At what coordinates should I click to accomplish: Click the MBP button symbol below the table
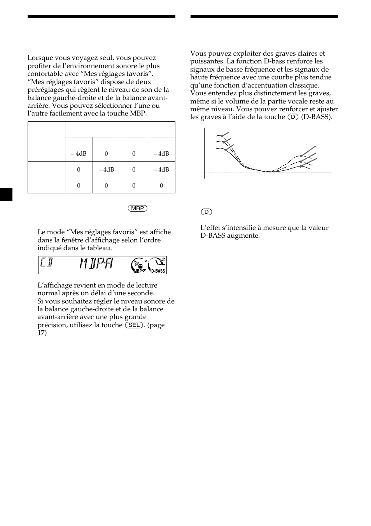tap(138, 209)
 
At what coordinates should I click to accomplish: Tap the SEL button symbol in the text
tap(134, 325)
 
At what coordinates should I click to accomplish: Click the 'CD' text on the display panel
tap(46, 265)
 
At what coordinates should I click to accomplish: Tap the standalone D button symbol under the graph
tap(206, 212)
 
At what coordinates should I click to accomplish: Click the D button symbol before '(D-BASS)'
tap(293, 117)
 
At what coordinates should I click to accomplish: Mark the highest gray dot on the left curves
tap(222, 136)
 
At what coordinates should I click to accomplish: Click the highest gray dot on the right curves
tap(301, 156)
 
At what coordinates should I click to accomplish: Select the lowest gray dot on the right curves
tap(301, 167)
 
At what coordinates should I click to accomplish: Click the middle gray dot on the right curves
tap(301, 161)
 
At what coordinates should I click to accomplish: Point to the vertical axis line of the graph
tap(204, 154)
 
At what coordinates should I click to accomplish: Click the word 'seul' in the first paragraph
tap(108, 58)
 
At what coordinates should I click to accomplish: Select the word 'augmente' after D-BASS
tap(245, 236)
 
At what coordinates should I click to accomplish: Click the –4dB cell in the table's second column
tap(79, 154)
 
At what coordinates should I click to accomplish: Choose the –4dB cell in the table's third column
tap(106, 170)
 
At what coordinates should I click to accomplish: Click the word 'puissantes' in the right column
tap(206, 61)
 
